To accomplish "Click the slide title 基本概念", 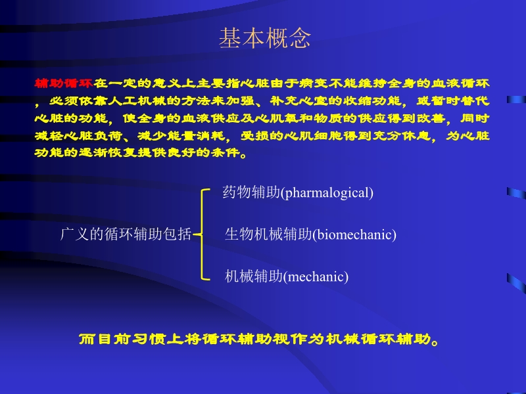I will (264, 39).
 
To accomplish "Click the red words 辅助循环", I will (64, 84).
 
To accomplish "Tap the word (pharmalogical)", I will (327, 193).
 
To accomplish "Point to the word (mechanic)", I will (316, 277).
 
